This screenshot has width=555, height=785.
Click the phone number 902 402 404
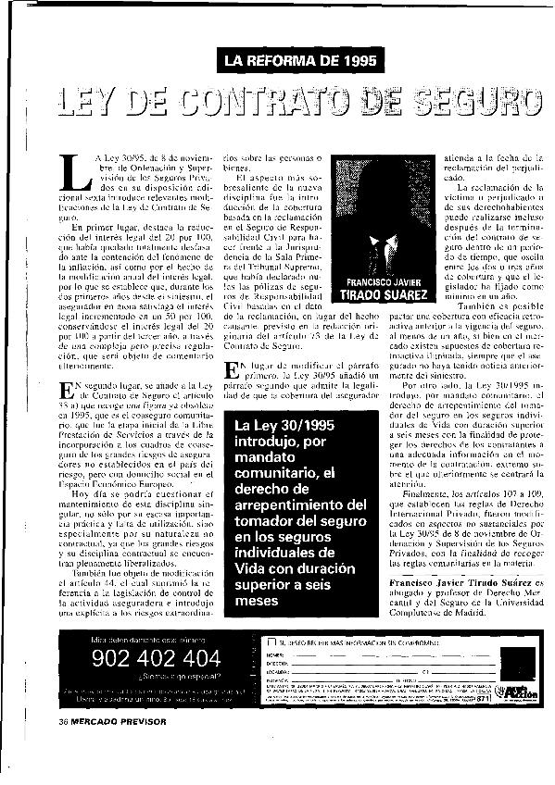(157, 659)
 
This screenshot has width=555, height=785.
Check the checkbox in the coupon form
(271, 641)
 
